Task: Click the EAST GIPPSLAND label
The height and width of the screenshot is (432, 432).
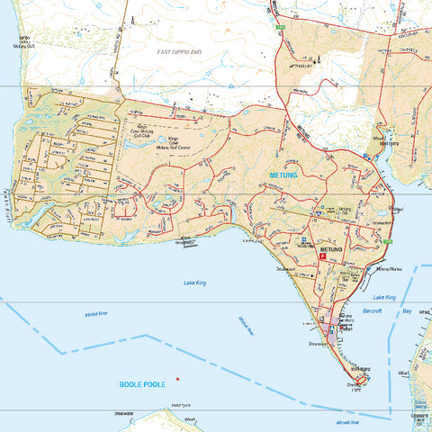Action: pyautogui.click(x=179, y=54)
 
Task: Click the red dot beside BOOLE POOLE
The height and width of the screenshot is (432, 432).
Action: pyautogui.click(x=178, y=379)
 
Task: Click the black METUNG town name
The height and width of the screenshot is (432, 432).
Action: pyautogui.click(x=332, y=247)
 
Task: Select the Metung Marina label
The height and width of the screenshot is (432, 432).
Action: pyautogui.click(x=391, y=268)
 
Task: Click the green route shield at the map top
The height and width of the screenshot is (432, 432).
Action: pyautogui.click(x=281, y=28)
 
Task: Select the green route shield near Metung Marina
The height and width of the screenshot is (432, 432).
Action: pyautogui.click(x=387, y=241)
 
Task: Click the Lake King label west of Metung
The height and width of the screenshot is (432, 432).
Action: pyautogui.click(x=194, y=283)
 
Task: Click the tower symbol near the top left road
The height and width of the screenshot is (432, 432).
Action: pyautogui.click(x=132, y=18)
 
